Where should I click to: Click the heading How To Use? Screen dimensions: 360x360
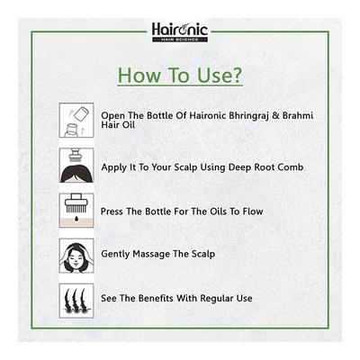tap(179, 74)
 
